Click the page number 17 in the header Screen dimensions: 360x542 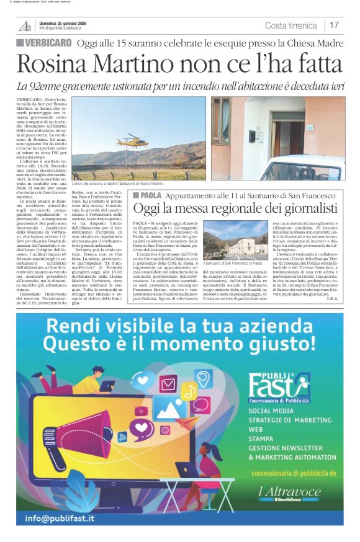pos(334,25)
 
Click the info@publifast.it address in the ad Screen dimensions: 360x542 pos(60,518)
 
